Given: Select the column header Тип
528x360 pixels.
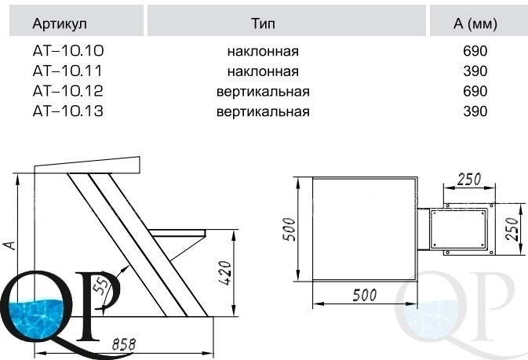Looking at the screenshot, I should pyautogui.click(x=264, y=24).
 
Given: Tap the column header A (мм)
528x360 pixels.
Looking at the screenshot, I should pyautogui.click(x=475, y=24).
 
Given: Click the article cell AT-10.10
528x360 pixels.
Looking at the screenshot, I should pyautogui.click(x=68, y=52).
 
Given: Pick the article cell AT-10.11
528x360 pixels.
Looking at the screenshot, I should pyautogui.click(x=68, y=71).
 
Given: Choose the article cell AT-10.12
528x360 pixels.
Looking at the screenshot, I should pyautogui.click(x=68, y=92).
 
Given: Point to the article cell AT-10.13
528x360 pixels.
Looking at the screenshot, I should pyautogui.click(x=68, y=111).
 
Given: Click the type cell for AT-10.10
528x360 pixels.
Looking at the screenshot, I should pyautogui.click(x=263, y=52).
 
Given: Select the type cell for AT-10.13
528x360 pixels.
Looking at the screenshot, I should pyautogui.click(x=263, y=111).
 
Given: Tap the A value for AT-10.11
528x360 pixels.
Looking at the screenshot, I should pyautogui.click(x=475, y=71).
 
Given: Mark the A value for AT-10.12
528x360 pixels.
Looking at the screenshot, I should pyautogui.click(x=475, y=92).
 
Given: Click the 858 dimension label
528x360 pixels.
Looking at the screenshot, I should pyautogui.click(x=125, y=344).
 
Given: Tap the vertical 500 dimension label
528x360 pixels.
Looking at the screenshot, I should pyautogui.click(x=289, y=228).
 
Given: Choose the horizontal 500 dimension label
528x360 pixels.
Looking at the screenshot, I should pyautogui.click(x=363, y=296).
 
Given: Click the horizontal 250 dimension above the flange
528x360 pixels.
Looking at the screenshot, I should pyautogui.click(x=468, y=180).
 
